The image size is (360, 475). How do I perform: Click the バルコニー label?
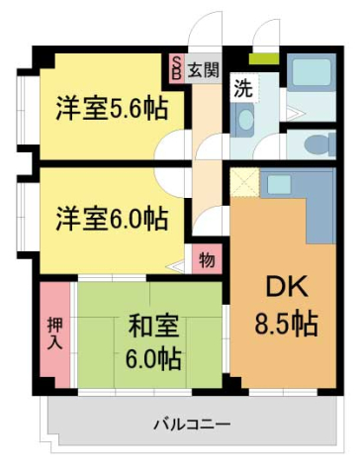click(x=191, y=425)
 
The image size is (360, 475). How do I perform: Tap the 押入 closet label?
click(x=55, y=332)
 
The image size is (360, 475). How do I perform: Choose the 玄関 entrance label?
click(x=205, y=69)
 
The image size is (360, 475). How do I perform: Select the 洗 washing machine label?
click(x=242, y=87)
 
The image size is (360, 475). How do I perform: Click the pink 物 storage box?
click(x=206, y=261)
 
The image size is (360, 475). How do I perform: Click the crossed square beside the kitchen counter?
click(x=245, y=182)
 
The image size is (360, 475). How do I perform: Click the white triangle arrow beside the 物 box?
click(x=181, y=264)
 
